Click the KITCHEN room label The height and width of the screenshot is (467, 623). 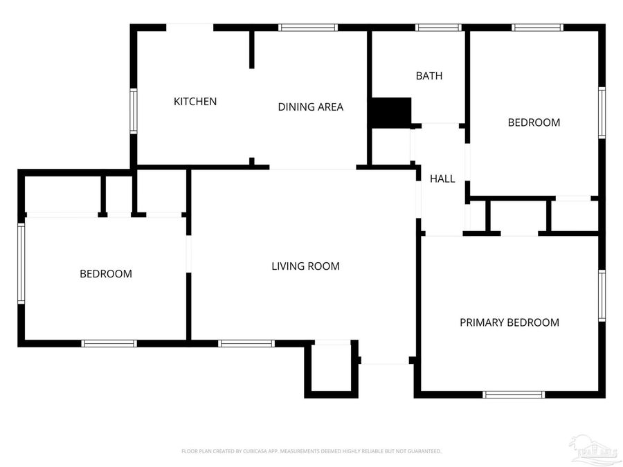pos(195,102)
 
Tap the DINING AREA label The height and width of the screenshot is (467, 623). pos(310,107)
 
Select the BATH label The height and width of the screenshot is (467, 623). pos(428,76)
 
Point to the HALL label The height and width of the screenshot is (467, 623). pos(442,178)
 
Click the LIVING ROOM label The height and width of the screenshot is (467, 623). pos(305,266)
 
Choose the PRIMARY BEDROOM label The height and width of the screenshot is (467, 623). pos(509,322)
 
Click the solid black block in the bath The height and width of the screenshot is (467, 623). pos(390,112)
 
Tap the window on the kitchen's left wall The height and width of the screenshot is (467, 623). pos(134,111)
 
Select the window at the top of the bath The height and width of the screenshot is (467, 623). pos(438,28)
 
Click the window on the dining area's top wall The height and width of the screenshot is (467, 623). pos(308,28)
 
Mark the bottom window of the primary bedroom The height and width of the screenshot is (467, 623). pos(514,394)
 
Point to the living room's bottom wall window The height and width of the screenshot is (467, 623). pos(246,343)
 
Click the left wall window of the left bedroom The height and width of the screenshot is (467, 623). pos(21,263)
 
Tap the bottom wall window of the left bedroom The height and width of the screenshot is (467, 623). pos(109,343)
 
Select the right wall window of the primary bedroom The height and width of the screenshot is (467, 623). pos(602,296)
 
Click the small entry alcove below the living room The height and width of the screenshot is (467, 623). pos(332,370)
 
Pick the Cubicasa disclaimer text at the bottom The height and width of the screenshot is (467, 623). pos(311,451)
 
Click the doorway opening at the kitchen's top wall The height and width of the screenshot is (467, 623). pos(190,28)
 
